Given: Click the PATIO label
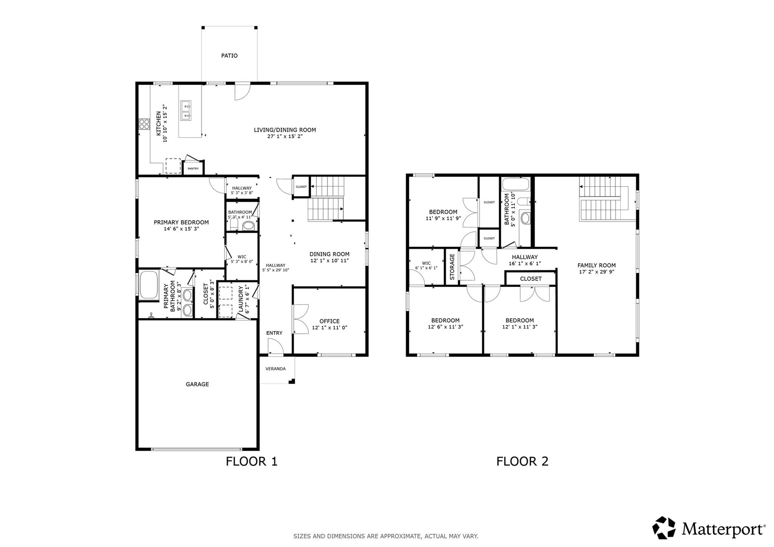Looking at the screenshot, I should click(229, 56).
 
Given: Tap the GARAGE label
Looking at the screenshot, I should click(197, 384).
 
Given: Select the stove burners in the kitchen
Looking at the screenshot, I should click(144, 124).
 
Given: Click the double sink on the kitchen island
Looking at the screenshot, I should click(186, 110).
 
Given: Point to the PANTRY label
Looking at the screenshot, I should click(193, 168).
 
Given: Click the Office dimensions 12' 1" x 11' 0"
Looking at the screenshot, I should click(330, 328).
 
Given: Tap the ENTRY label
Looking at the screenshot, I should click(274, 333).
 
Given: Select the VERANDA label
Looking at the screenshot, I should click(276, 369).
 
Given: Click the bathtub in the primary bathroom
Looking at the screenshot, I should click(149, 286).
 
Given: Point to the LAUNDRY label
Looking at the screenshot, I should click(241, 299).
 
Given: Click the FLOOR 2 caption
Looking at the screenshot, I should click(522, 461).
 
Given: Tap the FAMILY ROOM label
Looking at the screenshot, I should click(596, 265).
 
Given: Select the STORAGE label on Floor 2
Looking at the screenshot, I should click(452, 267).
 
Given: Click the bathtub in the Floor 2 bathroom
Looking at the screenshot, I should click(515, 184).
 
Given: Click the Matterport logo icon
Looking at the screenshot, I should click(664, 528).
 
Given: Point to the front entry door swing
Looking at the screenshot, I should click(275, 346).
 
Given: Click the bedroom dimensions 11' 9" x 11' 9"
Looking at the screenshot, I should click(443, 218).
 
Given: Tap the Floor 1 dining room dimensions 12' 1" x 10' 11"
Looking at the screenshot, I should click(330, 261).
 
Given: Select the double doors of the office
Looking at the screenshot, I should click(301, 319).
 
